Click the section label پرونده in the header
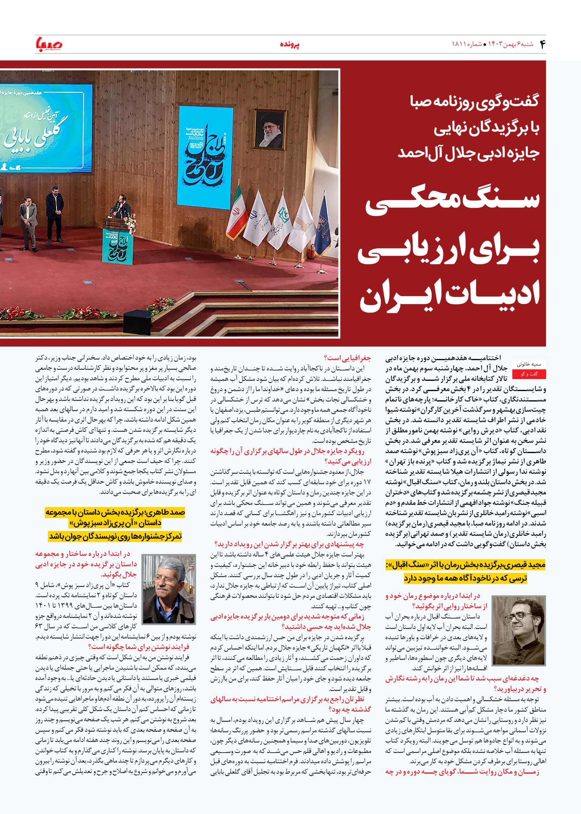pyautogui.click(x=289, y=45)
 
